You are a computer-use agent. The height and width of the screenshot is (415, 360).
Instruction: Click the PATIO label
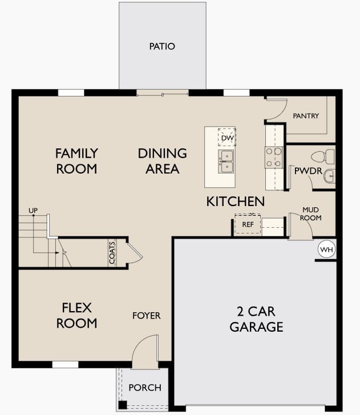(163, 46)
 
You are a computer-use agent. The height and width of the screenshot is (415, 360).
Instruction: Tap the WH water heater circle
(326, 250)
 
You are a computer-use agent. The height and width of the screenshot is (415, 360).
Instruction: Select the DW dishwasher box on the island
(226, 138)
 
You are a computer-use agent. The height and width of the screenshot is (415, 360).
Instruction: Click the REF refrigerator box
(248, 224)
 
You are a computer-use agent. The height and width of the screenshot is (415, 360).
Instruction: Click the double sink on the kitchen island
(226, 161)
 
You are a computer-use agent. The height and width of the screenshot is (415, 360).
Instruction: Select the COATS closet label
(112, 253)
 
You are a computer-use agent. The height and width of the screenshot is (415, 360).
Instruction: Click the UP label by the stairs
(33, 211)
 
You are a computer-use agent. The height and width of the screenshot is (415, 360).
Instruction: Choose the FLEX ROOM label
(79, 316)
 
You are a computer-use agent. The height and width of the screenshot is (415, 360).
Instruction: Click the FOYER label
(147, 316)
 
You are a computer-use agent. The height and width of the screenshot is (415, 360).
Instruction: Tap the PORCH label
(144, 388)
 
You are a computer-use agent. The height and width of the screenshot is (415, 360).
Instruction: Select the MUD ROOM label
(312, 213)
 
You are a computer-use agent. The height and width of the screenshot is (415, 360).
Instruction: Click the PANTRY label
(306, 116)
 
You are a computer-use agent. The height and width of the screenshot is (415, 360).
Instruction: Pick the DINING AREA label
(162, 161)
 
